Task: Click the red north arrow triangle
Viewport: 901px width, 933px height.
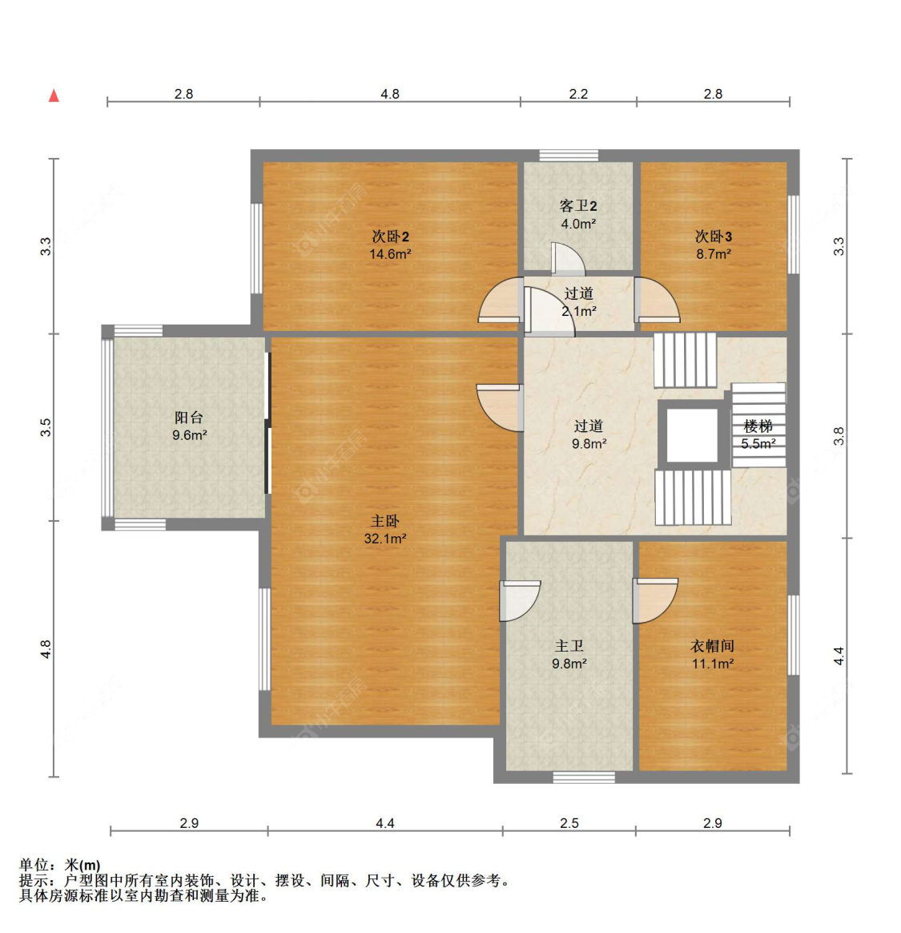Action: point(54,95)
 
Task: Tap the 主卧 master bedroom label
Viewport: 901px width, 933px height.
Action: point(384,521)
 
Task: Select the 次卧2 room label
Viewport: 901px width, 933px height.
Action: point(390,236)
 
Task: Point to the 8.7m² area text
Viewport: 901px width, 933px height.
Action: point(714,254)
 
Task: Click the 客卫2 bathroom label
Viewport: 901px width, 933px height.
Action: point(578,206)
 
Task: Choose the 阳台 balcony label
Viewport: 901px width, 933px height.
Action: point(189,418)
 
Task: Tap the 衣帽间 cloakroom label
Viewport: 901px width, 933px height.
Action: point(712,646)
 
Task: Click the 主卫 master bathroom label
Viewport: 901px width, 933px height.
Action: point(569,646)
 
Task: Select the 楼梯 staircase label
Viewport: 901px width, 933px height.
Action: point(758,426)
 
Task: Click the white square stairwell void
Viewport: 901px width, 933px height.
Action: point(692,435)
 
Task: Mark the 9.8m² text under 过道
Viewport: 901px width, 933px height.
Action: point(589,444)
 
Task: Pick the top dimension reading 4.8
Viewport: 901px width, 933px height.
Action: point(390,94)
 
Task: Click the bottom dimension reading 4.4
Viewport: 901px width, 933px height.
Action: point(384,823)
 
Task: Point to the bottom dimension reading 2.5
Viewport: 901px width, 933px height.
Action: point(569,823)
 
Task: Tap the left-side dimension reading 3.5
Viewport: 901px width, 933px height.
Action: point(46,427)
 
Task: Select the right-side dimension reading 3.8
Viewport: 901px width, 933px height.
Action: point(839,436)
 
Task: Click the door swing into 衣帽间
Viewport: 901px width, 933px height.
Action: point(655,601)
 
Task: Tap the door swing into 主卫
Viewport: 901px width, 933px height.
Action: point(520,601)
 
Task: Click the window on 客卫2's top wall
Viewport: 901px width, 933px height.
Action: point(569,155)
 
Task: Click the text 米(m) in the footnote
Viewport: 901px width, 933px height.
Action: point(82,865)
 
